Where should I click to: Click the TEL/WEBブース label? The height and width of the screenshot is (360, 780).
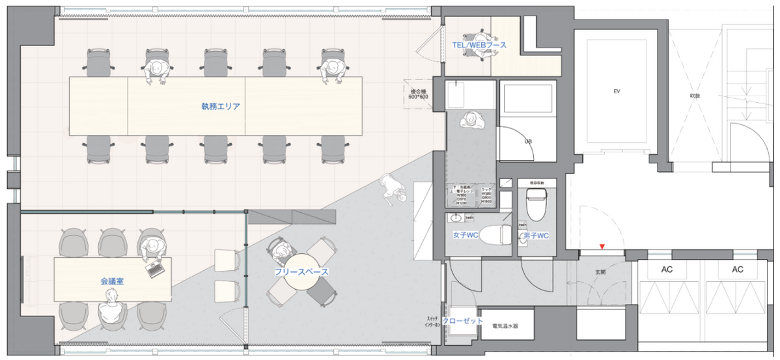(x=479, y=45)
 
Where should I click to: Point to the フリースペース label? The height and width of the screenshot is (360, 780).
(x=301, y=271)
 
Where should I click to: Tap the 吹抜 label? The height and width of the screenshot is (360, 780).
(x=695, y=96)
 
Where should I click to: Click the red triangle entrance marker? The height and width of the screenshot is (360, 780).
(x=602, y=246)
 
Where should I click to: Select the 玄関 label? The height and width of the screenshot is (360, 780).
(x=599, y=273)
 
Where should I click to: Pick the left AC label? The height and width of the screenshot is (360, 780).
(x=667, y=269)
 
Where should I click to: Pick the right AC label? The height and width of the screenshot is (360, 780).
(x=738, y=269)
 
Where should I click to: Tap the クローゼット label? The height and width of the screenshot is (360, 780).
(x=463, y=321)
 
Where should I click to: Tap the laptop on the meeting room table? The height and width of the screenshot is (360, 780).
(x=156, y=269)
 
